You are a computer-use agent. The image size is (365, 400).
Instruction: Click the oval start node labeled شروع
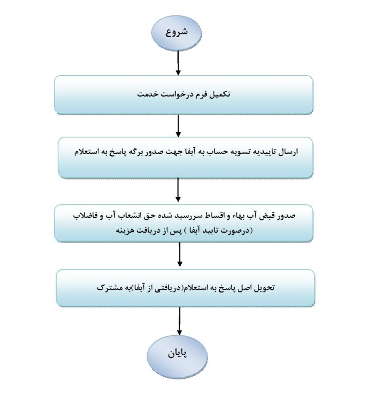(176, 33)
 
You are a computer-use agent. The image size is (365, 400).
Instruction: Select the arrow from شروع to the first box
(178, 63)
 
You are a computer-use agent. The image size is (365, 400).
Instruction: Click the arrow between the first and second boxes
(178, 126)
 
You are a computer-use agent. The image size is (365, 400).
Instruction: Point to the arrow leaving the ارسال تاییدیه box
(178, 190)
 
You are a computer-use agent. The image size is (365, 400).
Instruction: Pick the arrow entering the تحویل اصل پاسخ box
(180, 254)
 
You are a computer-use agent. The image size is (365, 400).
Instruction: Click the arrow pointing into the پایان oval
(180, 321)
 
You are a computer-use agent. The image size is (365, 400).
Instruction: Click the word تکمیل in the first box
(220, 94)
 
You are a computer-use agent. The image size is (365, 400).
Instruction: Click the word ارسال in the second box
(288, 152)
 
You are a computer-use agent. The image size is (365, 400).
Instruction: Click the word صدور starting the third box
(286, 216)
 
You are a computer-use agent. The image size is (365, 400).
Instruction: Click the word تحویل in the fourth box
(264, 288)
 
